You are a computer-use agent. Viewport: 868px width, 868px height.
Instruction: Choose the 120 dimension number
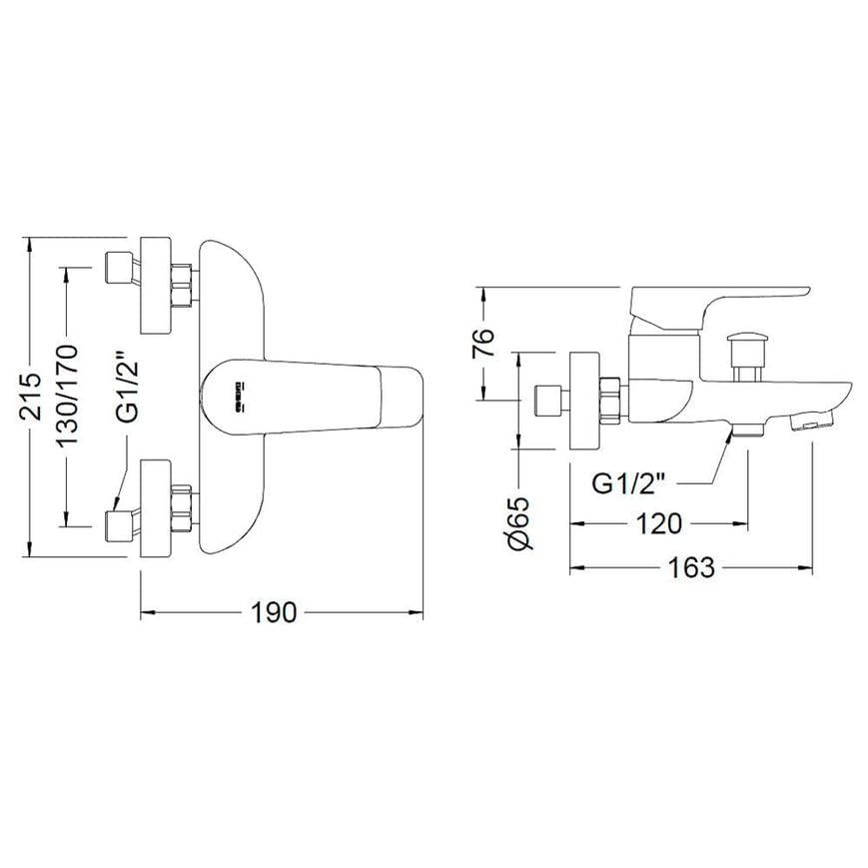pos(659,522)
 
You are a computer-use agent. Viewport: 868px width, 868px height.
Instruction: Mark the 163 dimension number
pos(691,567)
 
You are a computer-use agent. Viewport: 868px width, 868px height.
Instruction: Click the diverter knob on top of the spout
pos(744,349)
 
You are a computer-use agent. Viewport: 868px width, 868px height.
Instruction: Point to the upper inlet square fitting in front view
pos(121,268)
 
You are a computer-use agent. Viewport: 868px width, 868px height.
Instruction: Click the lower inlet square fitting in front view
pos(121,525)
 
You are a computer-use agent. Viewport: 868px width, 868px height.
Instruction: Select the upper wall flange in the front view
pos(156,286)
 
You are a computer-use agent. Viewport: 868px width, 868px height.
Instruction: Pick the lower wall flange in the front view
pos(156,507)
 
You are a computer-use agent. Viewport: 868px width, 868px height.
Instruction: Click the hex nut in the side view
pos(610,400)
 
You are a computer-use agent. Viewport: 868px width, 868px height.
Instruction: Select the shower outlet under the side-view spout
pos(747,430)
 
